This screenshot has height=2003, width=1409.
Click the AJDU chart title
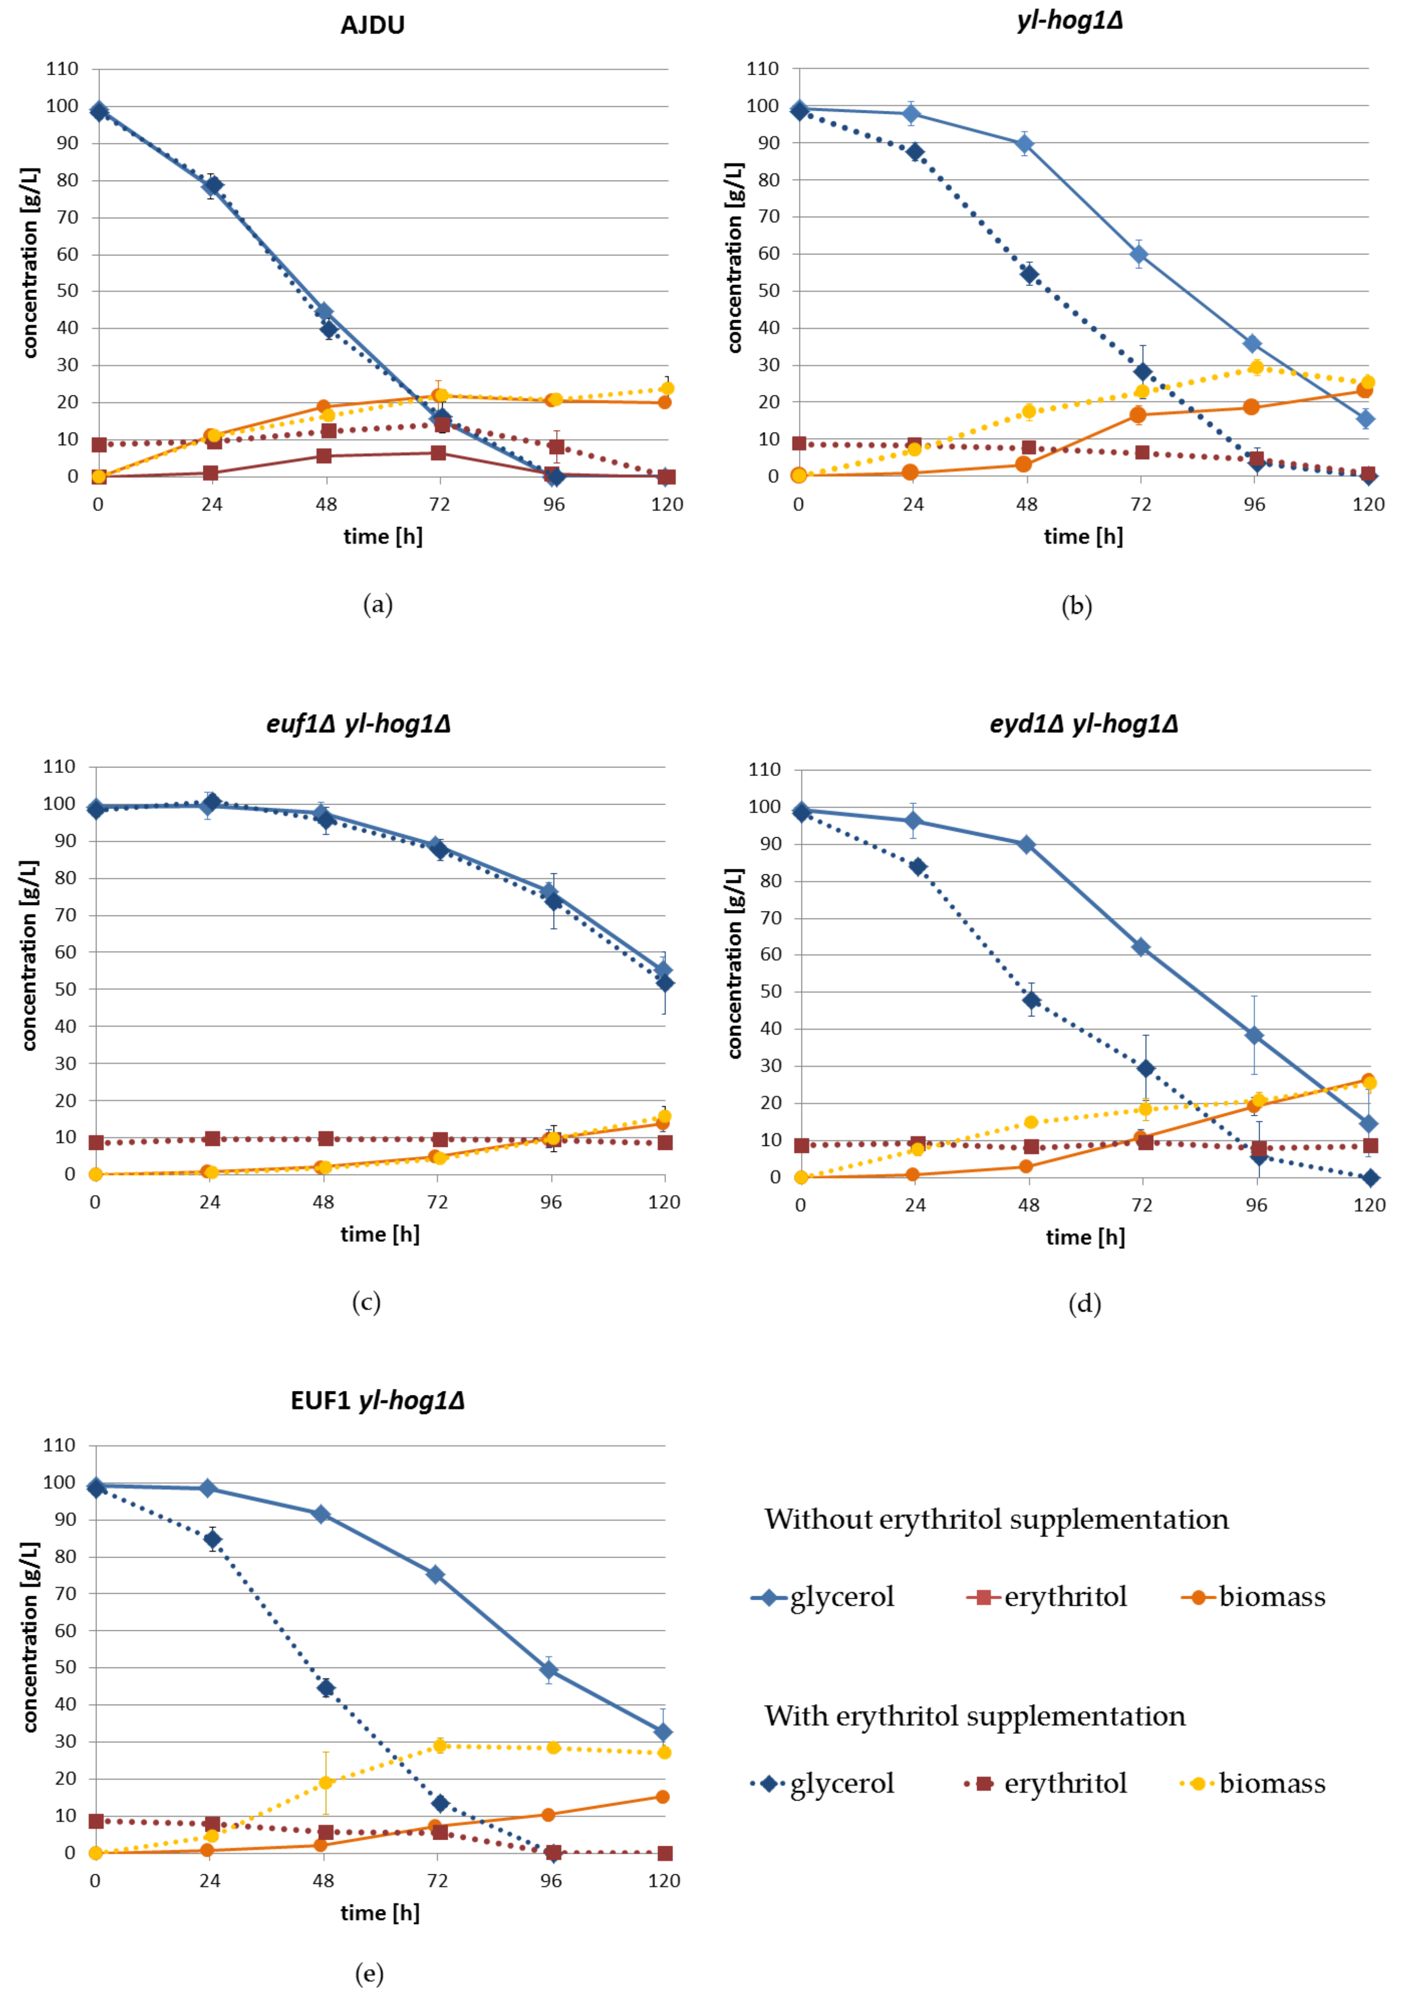click(373, 25)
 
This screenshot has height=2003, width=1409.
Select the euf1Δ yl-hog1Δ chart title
click(359, 724)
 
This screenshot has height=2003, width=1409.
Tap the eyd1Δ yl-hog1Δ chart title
click(1083, 724)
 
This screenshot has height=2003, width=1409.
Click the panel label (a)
click(378, 604)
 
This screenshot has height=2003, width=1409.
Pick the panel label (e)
click(369, 1973)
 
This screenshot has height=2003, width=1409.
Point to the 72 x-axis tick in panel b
click(1140, 504)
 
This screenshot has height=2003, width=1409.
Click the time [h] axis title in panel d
click(1085, 1237)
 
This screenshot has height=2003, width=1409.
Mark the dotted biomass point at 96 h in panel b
click(1256, 367)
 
